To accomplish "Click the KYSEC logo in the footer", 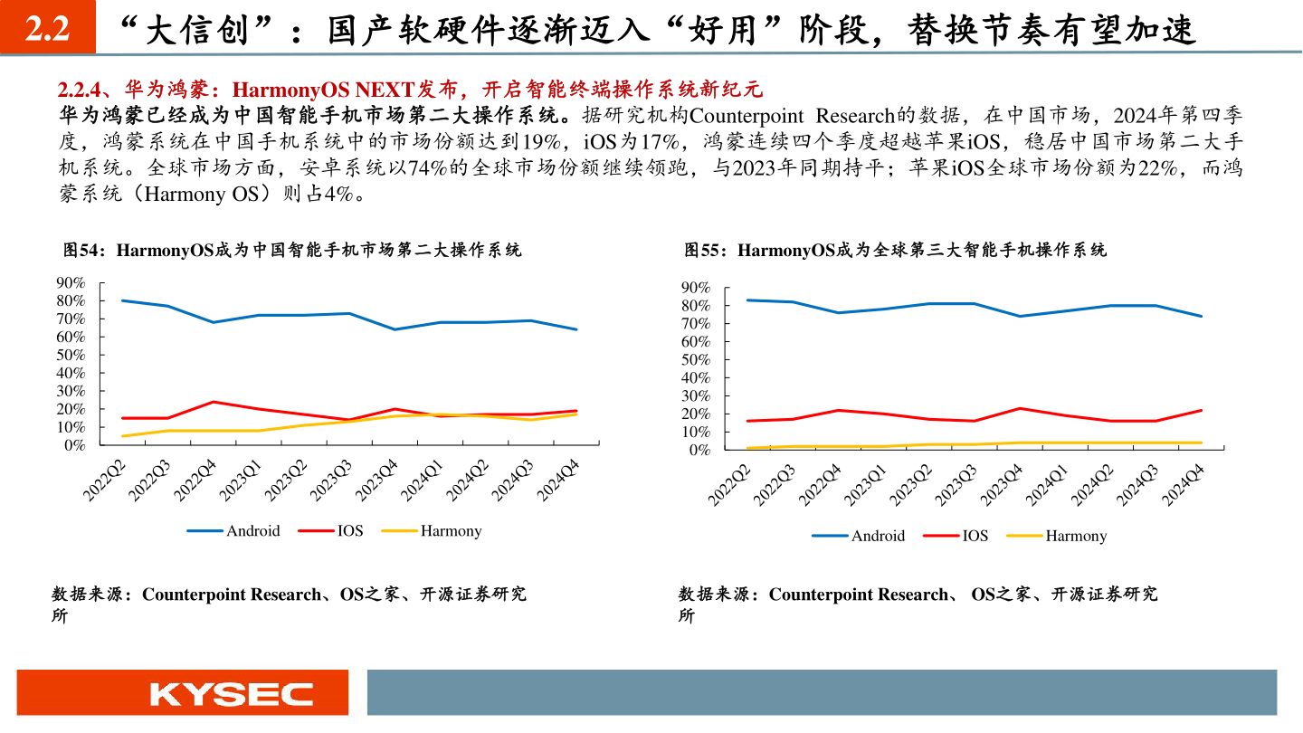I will coord(232,694).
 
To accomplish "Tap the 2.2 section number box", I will coord(47,31).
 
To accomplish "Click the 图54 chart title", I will coord(291,250).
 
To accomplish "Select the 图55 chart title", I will coord(895,250).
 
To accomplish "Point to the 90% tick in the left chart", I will coord(71,282).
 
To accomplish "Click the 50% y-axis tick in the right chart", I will coord(696,359).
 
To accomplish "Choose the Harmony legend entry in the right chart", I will coord(1076,536).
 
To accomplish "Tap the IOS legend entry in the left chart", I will coord(349,531).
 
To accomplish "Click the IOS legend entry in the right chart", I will coord(975,536).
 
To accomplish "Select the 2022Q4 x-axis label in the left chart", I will coord(195,478).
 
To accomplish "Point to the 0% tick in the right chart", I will coord(699,450).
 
